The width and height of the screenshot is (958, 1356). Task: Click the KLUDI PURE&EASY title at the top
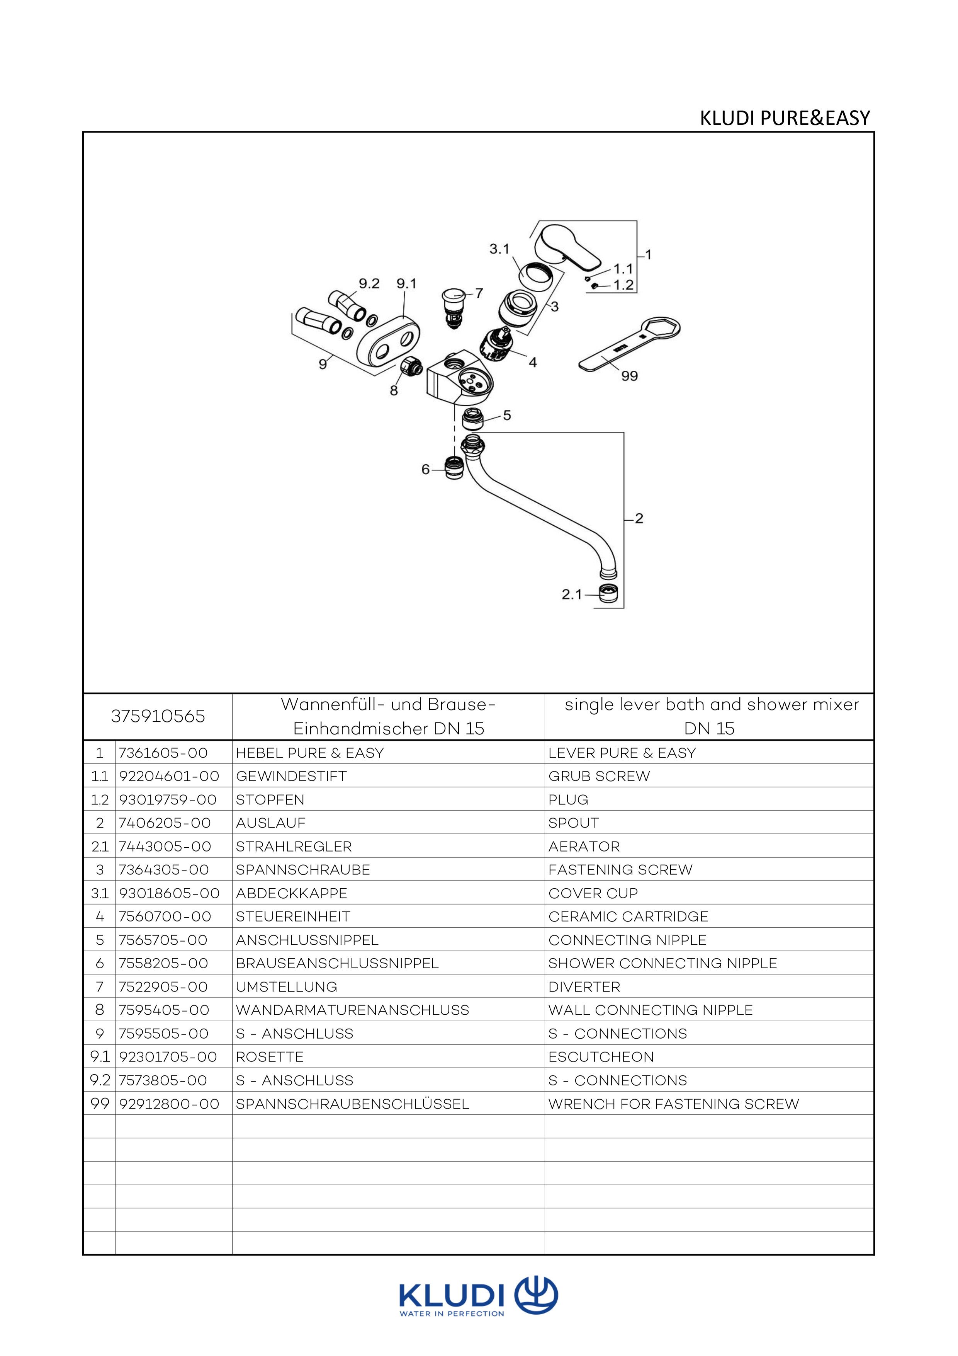(785, 118)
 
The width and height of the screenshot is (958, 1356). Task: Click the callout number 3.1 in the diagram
(499, 249)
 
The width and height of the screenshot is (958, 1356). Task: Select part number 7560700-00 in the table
(165, 916)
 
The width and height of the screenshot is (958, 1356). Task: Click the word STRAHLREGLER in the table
(293, 846)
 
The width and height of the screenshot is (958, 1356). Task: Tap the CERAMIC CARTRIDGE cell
(628, 916)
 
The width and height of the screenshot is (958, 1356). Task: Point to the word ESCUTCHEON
(601, 1056)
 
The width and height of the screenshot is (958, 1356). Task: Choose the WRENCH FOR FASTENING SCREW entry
(673, 1104)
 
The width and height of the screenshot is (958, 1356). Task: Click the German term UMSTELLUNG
(286, 987)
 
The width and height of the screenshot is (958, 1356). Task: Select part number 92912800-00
(169, 1104)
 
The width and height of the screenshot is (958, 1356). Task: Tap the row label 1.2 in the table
(100, 800)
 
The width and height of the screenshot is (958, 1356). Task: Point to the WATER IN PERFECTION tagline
(452, 1314)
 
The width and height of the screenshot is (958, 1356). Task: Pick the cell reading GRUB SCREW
(599, 776)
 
